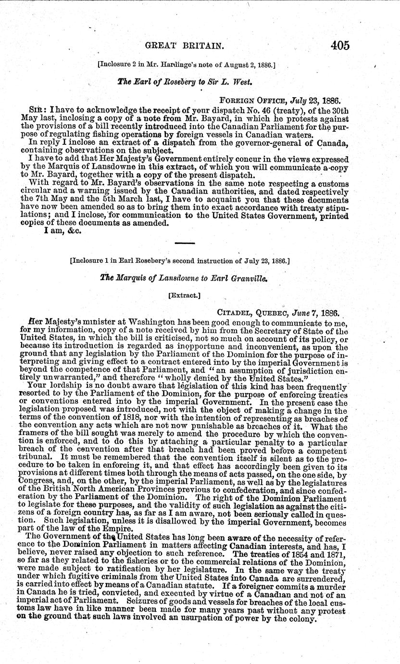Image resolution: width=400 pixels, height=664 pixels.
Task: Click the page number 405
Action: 339,45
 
